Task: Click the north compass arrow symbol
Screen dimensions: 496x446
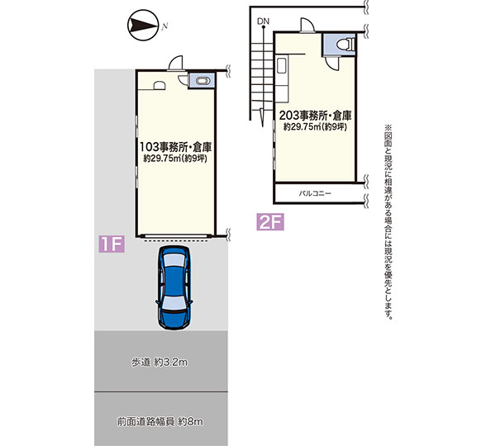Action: [143, 26]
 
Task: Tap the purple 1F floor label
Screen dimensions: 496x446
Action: [112, 244]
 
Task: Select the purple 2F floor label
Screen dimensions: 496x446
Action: [270, 221]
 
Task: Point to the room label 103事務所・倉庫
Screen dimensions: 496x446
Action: [175, 147]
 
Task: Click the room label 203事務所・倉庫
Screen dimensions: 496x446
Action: [316, 116]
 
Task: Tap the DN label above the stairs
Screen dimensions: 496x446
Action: [263, 21]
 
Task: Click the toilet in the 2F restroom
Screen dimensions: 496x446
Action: [346, 45]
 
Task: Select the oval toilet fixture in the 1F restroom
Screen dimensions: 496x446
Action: [203, 81]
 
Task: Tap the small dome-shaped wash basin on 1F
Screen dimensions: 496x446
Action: [159, 86]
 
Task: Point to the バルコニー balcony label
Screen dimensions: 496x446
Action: [315, 193]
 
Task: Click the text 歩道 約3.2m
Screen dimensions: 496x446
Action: [160, 363]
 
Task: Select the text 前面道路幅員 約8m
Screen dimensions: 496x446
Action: [160, 421]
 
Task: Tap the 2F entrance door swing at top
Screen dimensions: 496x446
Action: [307, 25]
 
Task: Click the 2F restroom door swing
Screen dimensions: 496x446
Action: [331, 64]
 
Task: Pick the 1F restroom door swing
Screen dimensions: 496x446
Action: [183, 79]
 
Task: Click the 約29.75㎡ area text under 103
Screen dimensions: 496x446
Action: [175, 159]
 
